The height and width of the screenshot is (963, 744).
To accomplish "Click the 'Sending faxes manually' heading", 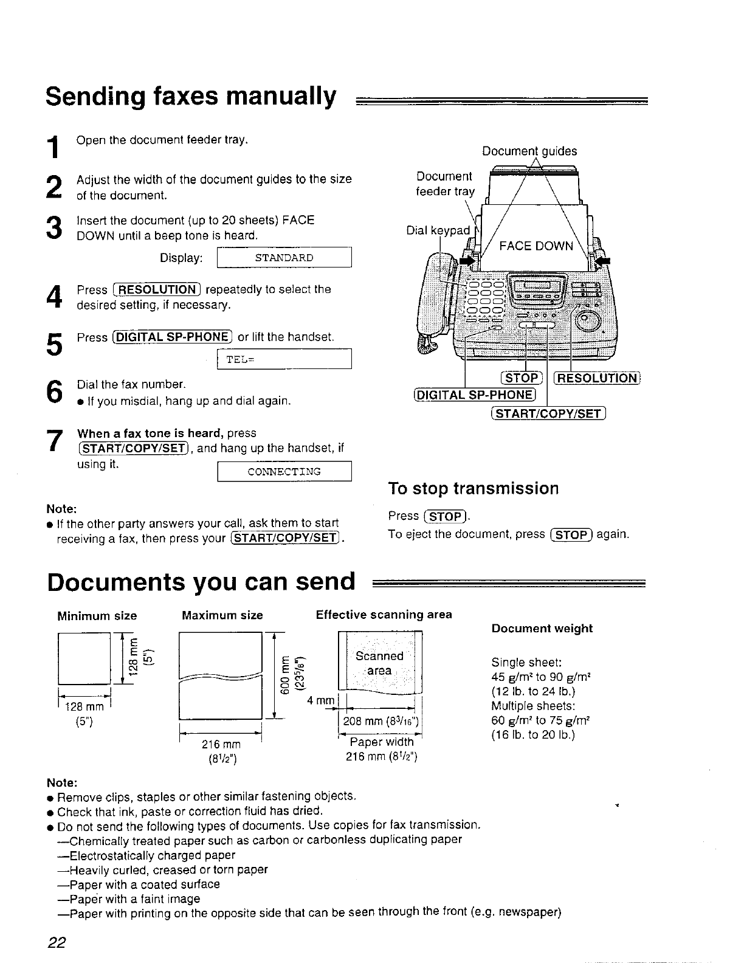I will click(191, 97).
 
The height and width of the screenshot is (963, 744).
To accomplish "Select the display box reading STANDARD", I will click(284, 258).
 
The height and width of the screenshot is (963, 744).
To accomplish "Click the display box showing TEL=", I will click(284, 359).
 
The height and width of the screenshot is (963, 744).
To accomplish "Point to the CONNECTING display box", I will click(284, 472).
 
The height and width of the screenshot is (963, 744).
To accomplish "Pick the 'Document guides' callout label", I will click(529, 151).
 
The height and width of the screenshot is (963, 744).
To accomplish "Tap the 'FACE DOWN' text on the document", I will click(536, 246).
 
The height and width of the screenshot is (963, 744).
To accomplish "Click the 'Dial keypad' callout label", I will click(438, 230).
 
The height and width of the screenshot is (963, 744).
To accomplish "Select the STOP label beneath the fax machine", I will click(520, 379).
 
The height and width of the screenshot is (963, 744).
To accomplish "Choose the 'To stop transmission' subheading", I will click(473, 489).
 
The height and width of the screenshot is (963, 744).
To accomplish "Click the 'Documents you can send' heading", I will click(201, 582).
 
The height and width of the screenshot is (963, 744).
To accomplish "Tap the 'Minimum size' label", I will click(97, 616).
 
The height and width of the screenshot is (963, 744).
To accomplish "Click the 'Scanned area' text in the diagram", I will click(379, 663).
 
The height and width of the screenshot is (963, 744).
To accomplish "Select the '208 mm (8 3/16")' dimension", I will click(379, 722).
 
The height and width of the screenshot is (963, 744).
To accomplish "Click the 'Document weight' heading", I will click(542, 629).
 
